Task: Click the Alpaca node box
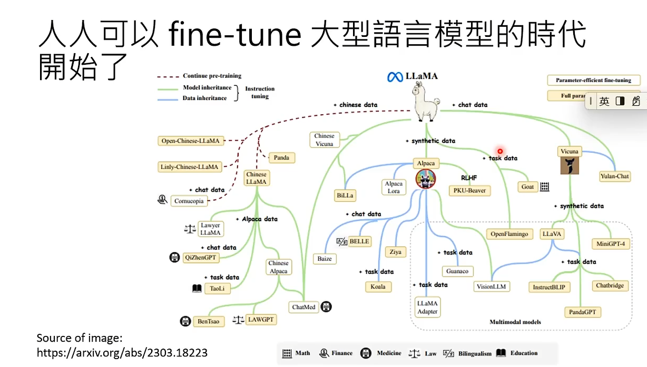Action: (425, 163)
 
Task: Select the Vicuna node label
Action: (569, 152)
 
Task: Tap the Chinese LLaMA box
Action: (257, 178)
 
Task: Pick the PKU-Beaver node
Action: (469, 190)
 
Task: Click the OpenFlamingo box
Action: (509, 234)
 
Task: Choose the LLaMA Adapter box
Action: (427, 308)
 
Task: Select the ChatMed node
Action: (304, 307)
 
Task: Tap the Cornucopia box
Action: (188, 201)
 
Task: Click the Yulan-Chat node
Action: (615, 176)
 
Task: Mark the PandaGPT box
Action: (582, 312)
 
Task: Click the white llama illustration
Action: (426, 103)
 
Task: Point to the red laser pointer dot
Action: (500, 151)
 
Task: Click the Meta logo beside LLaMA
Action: (395, 77)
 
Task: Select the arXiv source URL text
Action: (122, 353)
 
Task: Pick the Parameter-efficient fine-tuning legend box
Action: (593, 81)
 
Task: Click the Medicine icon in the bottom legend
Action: (366, 353)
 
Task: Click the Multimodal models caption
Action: (515, 322)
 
